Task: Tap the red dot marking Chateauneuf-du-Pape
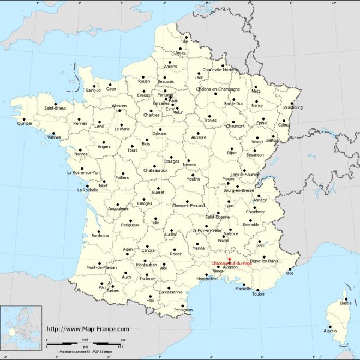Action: (230, 259)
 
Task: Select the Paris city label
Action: (173, 101)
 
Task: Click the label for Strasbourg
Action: (292, 107)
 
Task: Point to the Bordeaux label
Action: (100, 235)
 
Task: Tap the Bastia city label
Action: (346, 303)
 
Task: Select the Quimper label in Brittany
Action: (25, 123)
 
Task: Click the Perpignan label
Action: (183, 310)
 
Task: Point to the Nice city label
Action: (289, 273)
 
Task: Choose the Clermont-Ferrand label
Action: (188, 206)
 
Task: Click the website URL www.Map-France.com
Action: (88, 329)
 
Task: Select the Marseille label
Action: (243, 289)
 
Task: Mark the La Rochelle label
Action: (87, 190)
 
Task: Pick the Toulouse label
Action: (147, 278)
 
